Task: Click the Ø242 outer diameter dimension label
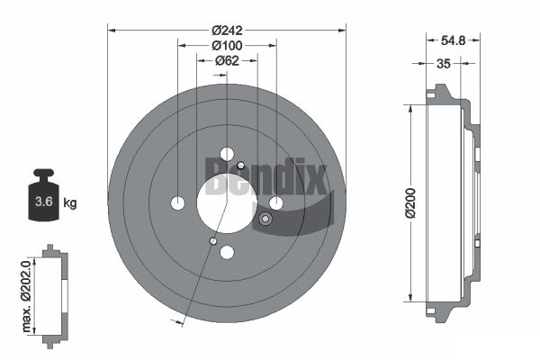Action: (x=227, y=31)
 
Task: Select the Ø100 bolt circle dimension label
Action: (x=227, y=45)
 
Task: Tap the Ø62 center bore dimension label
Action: (x=227, y=60)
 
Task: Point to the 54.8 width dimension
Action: (x=453, y=40)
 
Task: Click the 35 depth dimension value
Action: (x=443, y=64)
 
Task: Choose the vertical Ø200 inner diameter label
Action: (x=410, y=203)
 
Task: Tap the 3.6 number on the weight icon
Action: (x=44, y=202)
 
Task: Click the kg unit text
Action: (x=70, y=202)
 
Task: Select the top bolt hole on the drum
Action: (x=227, y=154)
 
